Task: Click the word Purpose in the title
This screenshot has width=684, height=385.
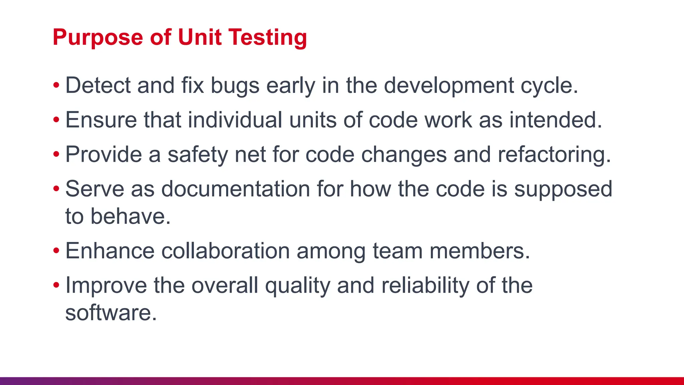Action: (x=98, y=37)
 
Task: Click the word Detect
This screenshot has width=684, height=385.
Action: (x=98, y=85)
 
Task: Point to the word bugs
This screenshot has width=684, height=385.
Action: (x=235, y=86)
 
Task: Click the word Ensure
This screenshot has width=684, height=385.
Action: (x=101, y=120)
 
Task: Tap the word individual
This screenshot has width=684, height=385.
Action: (x=235, y=120)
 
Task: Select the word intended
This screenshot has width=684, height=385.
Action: (x=555, y=120)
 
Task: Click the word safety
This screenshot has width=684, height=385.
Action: (x=198, y=155)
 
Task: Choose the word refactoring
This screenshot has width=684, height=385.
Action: (x=554, y=155)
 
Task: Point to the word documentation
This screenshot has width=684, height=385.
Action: (x=235, y=189)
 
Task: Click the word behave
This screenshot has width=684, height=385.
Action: (x=131, y=216)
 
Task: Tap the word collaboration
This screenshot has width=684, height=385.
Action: (x=225, y=251)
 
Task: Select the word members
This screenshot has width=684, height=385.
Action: (x=480, y=251)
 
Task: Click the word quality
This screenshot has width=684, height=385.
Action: (x=297, y=286)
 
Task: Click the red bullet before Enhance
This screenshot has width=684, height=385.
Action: (x=56, y=251)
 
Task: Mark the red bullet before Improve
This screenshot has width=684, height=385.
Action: (x=56, y=285)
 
